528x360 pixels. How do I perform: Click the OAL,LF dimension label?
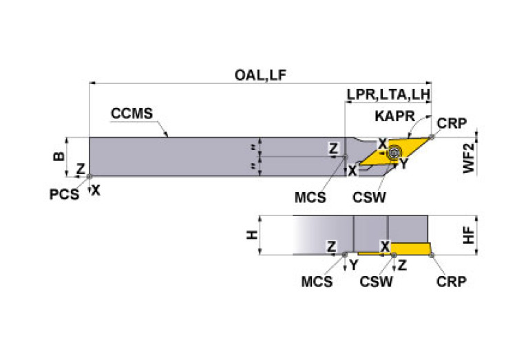pos(260,75)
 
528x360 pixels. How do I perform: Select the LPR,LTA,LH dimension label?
pos(388,94)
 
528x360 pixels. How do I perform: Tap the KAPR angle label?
pos(394,116)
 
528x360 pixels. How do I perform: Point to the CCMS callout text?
pos(131,114)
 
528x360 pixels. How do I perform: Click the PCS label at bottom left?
pos(64,195)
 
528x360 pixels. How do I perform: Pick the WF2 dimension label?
pos(469,158)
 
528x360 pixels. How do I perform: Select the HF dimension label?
pos(469,235)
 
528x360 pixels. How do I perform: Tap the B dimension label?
pos(59,156)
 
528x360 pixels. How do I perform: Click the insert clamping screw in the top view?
pos(393,153)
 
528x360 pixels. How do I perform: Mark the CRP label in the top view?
pos(452,124)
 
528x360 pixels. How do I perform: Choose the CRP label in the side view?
pos(451,282)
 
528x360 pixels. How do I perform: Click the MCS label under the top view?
pos(310,198)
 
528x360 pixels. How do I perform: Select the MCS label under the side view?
pos(317,282)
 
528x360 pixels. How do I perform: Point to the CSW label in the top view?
pos(369,198)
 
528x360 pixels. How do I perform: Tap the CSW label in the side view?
pos(376,282)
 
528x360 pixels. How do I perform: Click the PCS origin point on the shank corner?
pos(89,176)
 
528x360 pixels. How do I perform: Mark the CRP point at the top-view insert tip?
pos(432,137)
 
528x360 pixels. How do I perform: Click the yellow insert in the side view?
pos(410,248)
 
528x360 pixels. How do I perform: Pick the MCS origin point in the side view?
pos(345,255)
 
